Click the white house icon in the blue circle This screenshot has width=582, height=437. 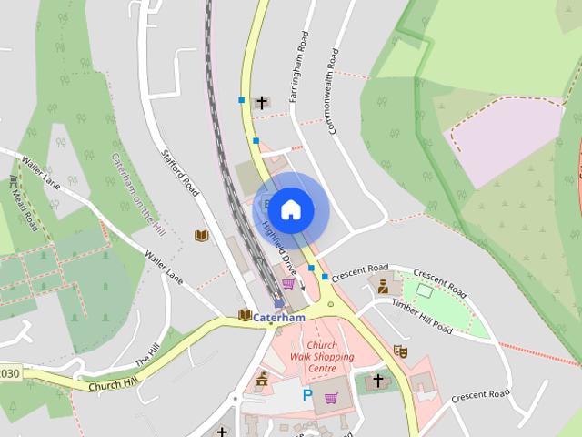click(290, 209)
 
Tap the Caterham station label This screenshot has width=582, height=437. click(278, 317)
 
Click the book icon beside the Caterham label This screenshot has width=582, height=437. click(244, 315)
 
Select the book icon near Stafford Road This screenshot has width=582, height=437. click(202, 236)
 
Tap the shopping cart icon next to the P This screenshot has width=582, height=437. click(331, 397)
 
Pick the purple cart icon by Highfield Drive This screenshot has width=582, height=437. click(288, 284)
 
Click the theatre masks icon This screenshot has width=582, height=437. click(400, 351)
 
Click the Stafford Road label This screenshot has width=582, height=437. click(180, 173)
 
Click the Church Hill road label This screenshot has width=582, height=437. click(114, 384)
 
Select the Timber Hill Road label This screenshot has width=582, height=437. click(423, 314)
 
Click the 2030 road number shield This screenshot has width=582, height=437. click(8, 374)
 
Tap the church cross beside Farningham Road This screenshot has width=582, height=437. click(263, 102)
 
